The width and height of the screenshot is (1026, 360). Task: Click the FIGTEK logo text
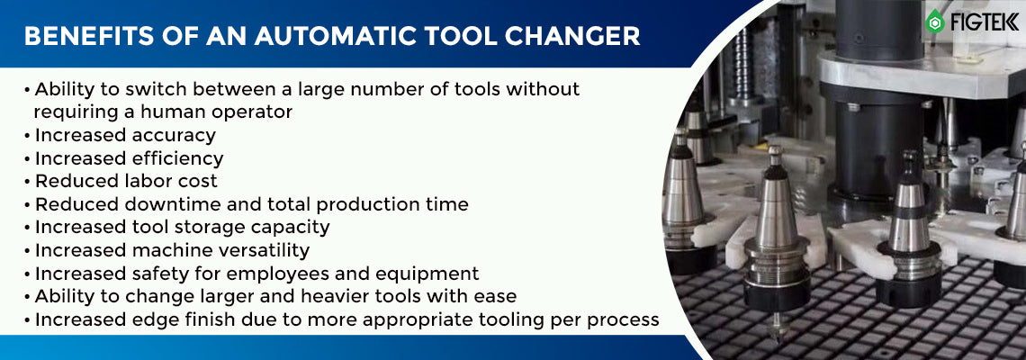984,22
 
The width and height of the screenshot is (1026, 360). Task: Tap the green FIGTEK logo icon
934,21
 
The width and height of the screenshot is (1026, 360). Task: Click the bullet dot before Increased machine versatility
27,251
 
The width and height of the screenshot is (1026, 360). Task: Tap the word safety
162,274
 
